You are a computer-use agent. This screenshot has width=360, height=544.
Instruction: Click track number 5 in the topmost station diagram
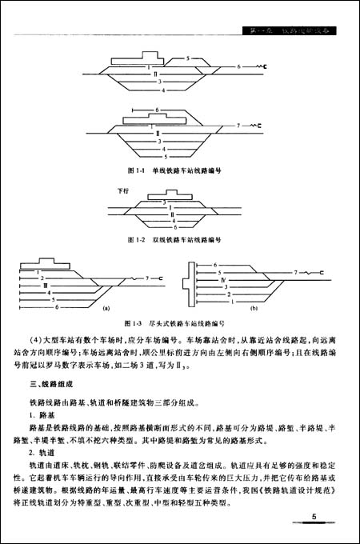coord(186,58)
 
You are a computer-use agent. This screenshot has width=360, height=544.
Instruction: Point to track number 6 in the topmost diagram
coord(238,70)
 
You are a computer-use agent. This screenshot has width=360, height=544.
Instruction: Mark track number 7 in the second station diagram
coord(238,125)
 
